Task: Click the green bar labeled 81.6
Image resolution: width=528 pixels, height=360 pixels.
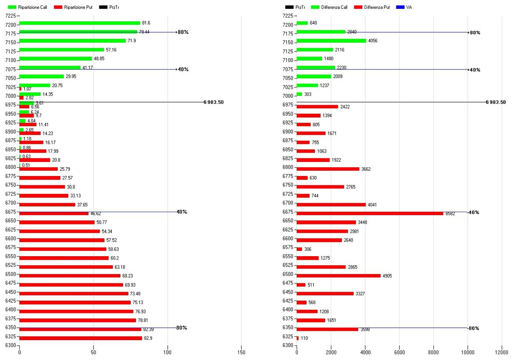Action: (80, 23)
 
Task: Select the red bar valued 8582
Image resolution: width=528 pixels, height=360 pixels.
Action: (370, 213)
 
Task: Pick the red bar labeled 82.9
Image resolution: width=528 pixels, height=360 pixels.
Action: (81, 338)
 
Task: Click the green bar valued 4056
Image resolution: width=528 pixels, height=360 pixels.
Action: (331, 41)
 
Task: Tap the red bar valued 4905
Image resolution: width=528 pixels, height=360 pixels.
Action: (338, 276)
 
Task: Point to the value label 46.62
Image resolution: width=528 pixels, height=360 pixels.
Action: (97, 213)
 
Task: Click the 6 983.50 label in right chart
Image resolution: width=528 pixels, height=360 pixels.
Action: (495, 102)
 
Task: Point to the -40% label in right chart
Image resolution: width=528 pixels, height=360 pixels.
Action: (473, 213)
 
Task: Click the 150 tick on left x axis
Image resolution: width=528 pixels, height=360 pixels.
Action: (241, 352)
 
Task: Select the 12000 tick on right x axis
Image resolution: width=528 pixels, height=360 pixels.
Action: (501, 352)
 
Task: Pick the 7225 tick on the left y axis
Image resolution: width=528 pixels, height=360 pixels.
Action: (10, 16)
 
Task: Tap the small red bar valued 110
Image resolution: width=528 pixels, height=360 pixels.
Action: (297, 338)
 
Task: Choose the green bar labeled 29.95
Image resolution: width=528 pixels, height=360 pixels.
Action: (41, 77)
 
